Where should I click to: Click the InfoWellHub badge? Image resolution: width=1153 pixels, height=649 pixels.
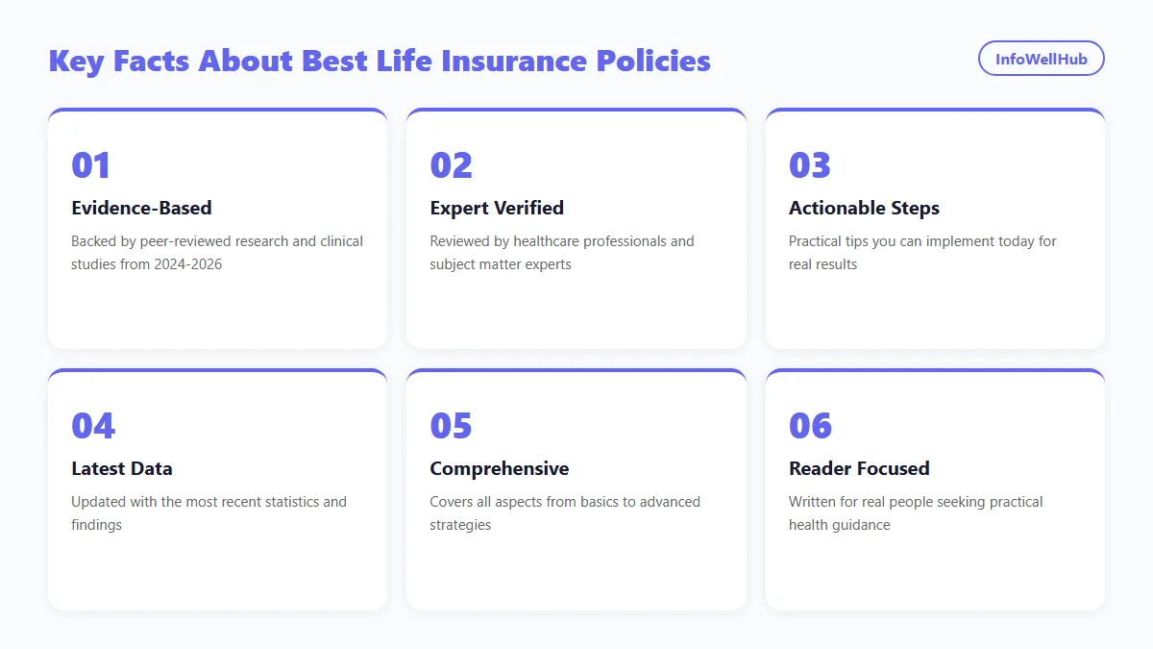(1041, 59)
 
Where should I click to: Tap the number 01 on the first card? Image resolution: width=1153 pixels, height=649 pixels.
(91, 165)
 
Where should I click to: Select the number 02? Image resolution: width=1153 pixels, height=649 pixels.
(451, 165)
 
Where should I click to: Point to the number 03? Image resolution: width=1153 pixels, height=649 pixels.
(810, 165)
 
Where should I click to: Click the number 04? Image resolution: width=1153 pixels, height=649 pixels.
(92, 426)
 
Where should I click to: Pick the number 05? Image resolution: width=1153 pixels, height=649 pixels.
(451, 426)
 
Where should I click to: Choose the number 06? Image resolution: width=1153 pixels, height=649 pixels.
(810, 426)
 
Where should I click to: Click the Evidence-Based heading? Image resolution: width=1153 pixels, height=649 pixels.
(141, 208)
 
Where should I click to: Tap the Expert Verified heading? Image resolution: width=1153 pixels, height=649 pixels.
(497, 208)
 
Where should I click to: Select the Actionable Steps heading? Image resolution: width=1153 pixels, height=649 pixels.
(864, 208)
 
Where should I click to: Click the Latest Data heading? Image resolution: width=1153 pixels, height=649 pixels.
(122, 468)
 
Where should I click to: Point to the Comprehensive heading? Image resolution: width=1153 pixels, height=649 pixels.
(499, 468)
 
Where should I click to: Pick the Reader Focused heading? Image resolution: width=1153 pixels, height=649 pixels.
(859, 468)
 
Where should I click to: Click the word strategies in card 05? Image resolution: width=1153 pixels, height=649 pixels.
(460, 525)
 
